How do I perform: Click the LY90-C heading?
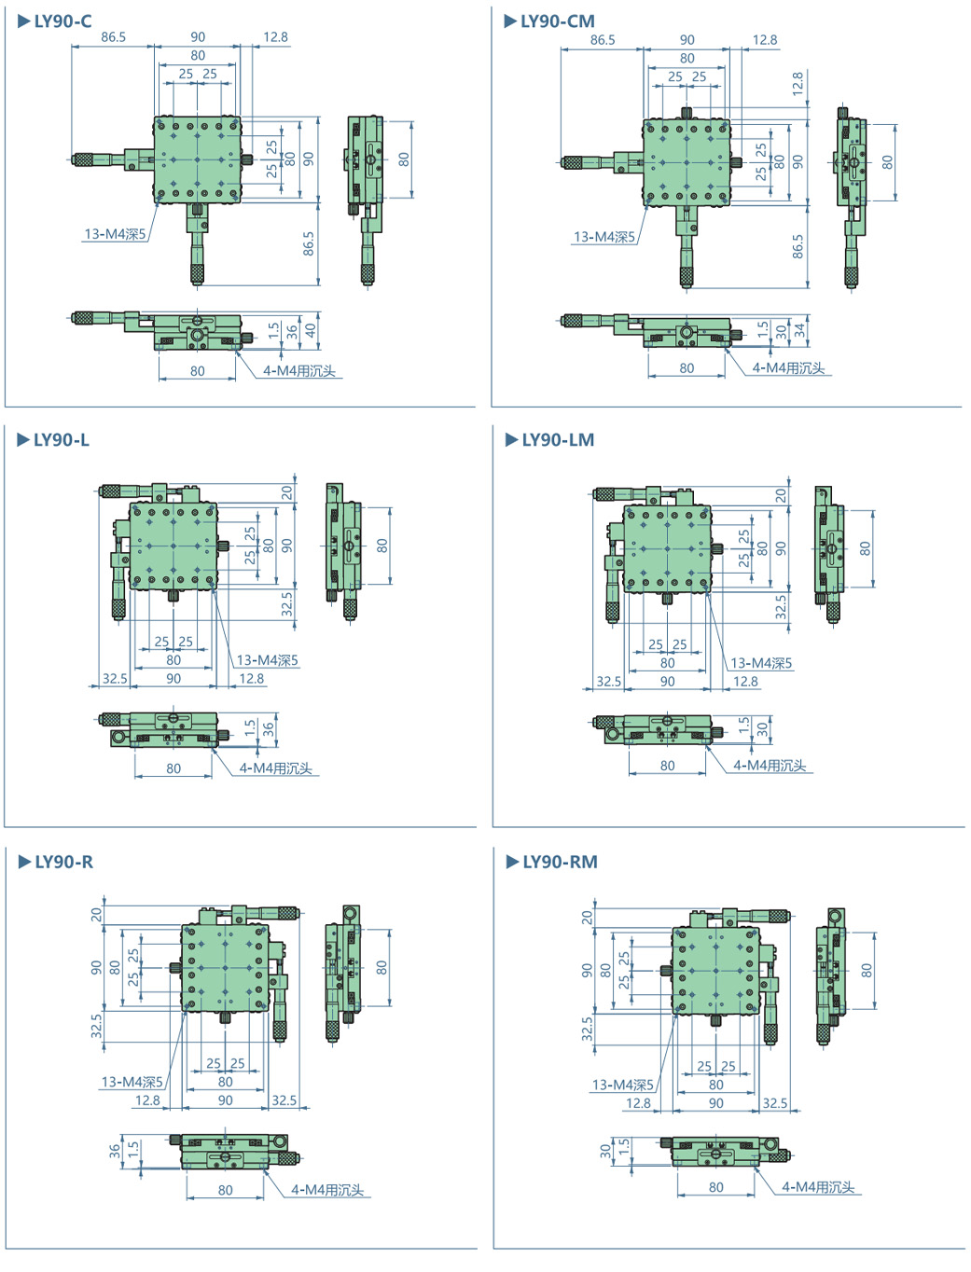[x=62, y=21]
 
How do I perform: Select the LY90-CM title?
[x=557, y=21]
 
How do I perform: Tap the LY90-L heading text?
[x=62, y=440]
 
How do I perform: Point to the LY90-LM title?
[x=558, y=440]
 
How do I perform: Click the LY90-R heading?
[x=63, y=862]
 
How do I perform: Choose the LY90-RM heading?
[x=560, y=862]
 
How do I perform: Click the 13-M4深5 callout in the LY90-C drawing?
[x=116, y=234]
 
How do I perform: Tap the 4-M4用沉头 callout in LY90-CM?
[x=789, y=368]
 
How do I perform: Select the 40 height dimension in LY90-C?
[x=311, y=329]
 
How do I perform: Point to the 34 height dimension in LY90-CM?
[x=799, y=330]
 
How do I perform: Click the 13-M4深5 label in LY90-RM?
[x=622, y=1085]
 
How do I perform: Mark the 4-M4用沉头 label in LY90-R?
[x=327, y=1190]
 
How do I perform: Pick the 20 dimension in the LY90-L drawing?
[x=287, y=492]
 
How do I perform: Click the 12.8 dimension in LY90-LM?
[x=745, y=682]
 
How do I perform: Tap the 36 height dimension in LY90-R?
[x=115, y=1151]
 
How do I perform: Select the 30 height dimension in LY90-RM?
[x=605, y=1151]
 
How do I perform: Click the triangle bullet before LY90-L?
[x=23, y=440]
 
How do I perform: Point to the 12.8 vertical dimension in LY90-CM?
[x=798, y=84]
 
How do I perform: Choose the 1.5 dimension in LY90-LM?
[x=743, y=725]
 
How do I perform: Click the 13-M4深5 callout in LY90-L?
[x=268, y=660]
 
